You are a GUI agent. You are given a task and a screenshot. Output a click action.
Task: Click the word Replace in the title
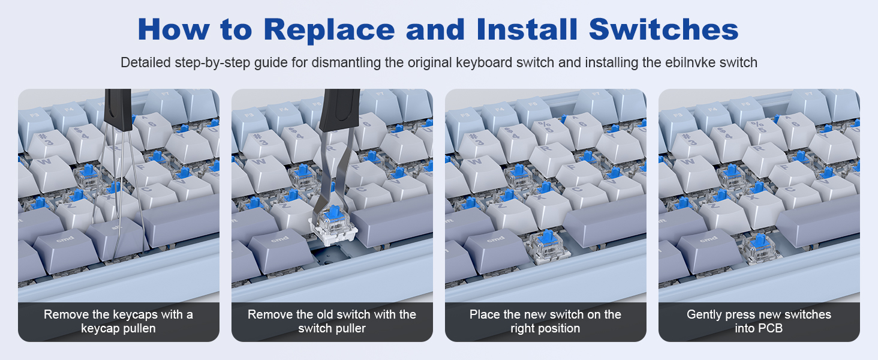click(x=329, y=30)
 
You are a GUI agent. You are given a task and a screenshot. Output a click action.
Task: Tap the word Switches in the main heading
click(x=663, y=29)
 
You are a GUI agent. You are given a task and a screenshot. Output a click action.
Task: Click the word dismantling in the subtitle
click(x=346, y=63)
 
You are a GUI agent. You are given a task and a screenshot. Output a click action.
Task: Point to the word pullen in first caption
click(x=139, y=328)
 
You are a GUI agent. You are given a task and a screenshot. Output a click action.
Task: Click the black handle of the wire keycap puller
click(x=118, y=110)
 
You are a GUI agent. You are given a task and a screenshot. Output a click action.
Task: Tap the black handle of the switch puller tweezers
click(x=339, y=110)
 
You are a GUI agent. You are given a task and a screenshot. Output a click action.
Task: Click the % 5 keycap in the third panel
click(x=548, y=131)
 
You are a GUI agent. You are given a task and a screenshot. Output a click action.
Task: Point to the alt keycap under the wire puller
click(x=116, y=239)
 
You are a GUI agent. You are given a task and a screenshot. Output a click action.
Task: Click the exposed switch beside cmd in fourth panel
click(x=760, y=247)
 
